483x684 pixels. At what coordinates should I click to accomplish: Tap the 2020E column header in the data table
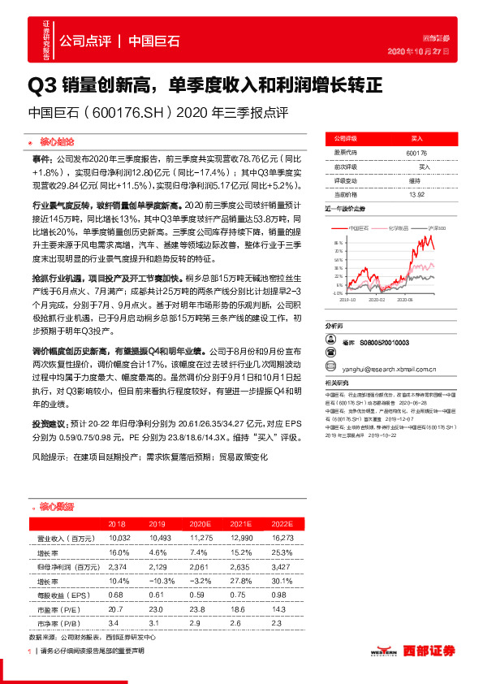(x=200, y=525)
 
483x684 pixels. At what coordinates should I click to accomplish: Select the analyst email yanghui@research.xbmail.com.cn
(x=386, y=366)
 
